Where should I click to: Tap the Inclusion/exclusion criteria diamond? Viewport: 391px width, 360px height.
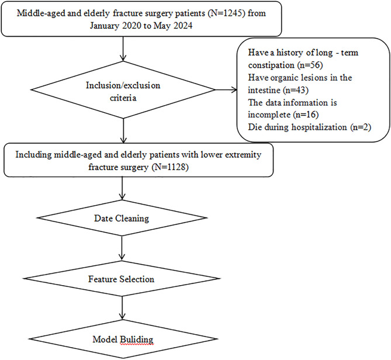point(123,90)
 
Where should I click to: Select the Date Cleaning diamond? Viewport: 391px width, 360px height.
point(122,218)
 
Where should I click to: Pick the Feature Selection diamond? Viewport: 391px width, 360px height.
point(122,279)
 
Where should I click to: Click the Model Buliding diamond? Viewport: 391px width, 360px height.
point(123,339)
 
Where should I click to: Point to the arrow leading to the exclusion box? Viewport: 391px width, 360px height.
point(226,90)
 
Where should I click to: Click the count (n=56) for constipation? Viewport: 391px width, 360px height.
point(310,65)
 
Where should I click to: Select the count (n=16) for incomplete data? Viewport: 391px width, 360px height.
point(306,115)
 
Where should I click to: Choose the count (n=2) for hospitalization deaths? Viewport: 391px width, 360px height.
point(361,127)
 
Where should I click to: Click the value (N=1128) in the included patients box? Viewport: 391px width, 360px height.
point(170,167)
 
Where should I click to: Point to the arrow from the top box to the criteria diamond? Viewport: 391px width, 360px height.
point(123,49)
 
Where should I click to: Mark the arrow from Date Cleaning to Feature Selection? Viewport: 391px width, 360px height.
point(122,248)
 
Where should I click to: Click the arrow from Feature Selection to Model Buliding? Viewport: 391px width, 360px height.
point(122,308)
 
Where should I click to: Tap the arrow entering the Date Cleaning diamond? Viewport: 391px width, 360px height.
point(122,189)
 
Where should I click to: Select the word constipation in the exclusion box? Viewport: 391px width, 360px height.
point(271,65)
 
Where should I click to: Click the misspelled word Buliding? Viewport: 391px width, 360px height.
point(137,340)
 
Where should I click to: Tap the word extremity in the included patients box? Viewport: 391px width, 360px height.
point(243,154)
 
